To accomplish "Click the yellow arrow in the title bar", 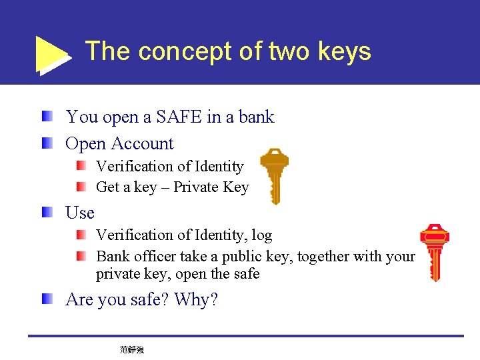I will point(52,54).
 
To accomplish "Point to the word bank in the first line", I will point(257,117).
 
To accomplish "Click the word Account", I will point(143,144).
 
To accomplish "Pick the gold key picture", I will point(273,175).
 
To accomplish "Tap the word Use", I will point(80,213).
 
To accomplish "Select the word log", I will point(261,235).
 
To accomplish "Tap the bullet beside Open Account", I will point(47,143).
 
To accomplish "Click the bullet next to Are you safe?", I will point(47,299).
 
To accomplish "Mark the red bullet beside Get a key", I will point(81,187).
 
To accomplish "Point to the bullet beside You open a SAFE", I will point(47,117).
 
